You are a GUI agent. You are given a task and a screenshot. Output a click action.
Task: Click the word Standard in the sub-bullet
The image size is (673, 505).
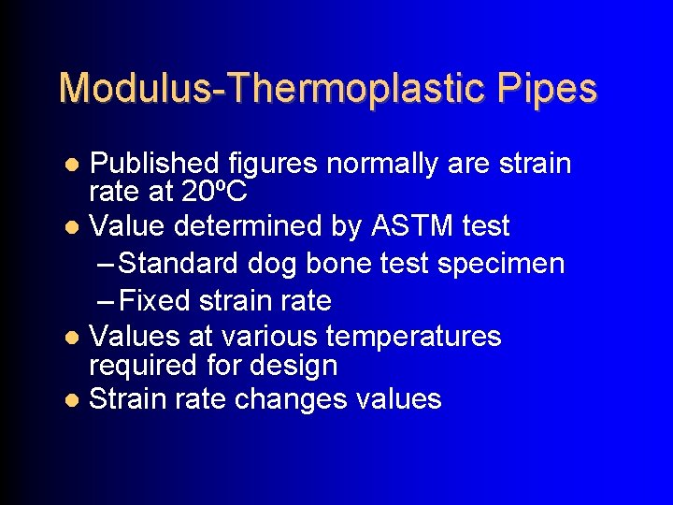point(179,264)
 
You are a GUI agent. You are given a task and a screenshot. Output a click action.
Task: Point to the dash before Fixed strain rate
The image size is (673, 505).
point(107,301)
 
